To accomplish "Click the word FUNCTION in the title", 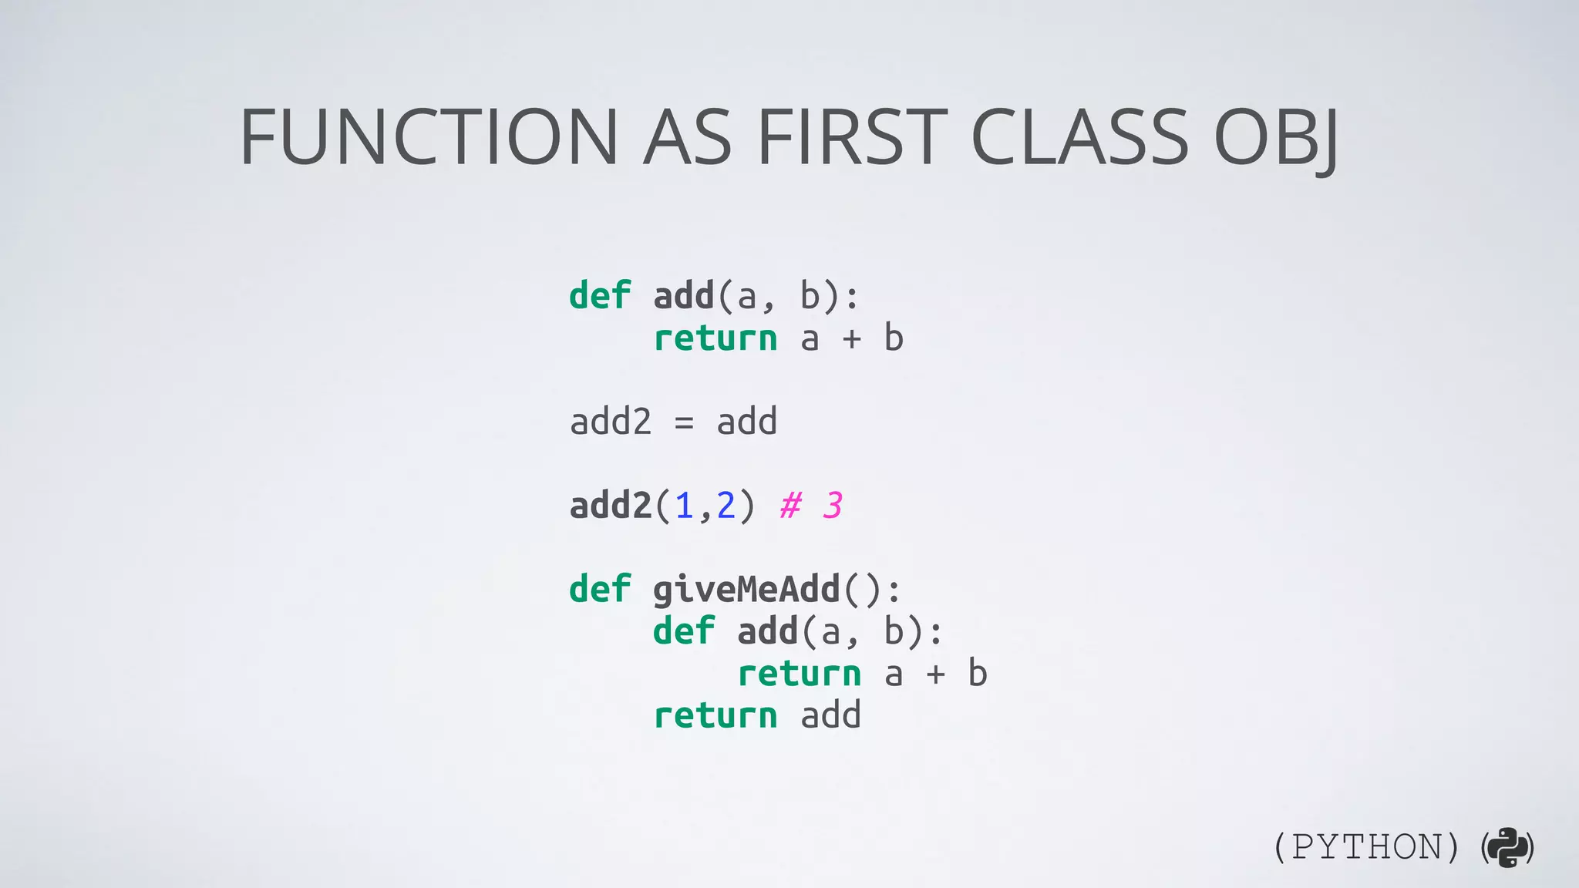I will (429, 137).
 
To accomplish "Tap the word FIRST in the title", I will (852, 137).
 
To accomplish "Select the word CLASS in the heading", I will (1079, 137).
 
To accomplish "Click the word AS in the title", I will (687, 137).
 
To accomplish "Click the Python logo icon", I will (1508, 848).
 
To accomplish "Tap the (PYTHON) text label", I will (1366, 848).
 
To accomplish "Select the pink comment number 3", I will (832, 506).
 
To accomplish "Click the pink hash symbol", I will (790, 506).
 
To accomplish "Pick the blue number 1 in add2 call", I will (684, 506).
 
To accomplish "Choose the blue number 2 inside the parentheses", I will (726, 506).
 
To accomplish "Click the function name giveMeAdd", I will (746, 590).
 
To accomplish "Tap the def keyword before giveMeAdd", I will (600, 590).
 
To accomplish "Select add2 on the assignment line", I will (611, 422).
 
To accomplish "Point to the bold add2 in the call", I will (611, 506).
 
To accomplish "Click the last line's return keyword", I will (715, 716).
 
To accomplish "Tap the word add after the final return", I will (830, 716).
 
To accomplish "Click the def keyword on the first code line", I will (600, 296).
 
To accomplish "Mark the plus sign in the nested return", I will (935, 674).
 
